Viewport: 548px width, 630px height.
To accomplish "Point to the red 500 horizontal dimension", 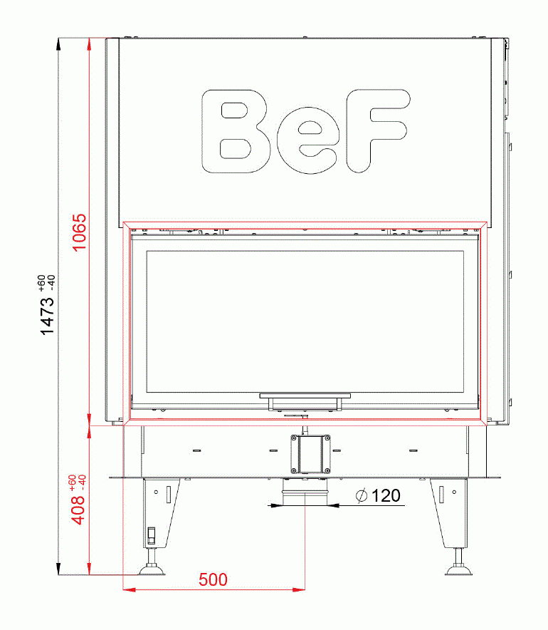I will tap(213, 579).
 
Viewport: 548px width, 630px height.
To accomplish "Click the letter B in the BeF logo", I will tap(236, 132).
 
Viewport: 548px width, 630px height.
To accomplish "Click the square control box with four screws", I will tap(310, 453).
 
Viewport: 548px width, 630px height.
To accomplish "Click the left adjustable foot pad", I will tap(151, 568).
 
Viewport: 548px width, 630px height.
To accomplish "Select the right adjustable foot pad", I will tap(458, 568).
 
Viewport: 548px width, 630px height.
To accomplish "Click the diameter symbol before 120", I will tap(362, 496).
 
